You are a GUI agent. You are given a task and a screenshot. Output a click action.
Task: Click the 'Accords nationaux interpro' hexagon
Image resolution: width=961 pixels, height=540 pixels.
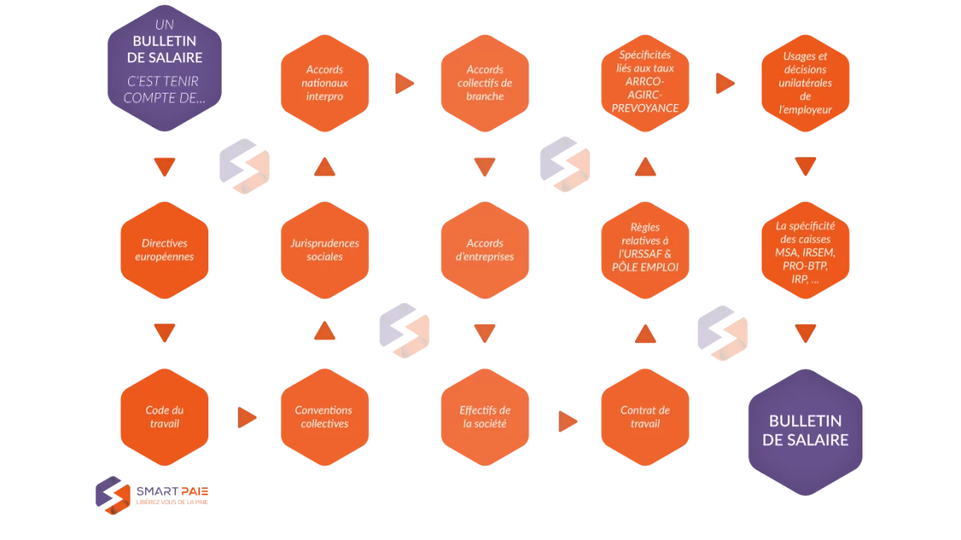325,83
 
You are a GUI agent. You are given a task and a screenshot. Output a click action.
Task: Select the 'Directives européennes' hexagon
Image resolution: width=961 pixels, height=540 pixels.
164,250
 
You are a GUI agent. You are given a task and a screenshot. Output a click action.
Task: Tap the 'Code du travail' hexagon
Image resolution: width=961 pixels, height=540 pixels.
164,417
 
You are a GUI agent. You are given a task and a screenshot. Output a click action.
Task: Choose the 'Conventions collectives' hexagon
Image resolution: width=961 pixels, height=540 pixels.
325,417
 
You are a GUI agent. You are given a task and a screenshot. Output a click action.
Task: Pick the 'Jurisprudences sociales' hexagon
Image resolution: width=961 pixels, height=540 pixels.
325,250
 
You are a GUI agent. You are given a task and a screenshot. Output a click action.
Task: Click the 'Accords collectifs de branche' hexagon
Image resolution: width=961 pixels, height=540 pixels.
485,83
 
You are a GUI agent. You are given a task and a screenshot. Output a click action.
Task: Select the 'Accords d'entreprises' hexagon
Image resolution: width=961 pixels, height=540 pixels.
485,250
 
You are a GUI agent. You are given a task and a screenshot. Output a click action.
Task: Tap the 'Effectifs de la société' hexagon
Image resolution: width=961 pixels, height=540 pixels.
485,417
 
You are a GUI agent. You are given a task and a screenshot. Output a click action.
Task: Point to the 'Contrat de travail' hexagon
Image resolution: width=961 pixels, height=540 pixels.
645,417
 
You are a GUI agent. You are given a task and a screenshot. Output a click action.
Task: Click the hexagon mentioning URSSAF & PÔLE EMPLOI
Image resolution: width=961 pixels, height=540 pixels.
645,250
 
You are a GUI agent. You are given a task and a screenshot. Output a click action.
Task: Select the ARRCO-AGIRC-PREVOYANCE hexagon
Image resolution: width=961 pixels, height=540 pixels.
645,83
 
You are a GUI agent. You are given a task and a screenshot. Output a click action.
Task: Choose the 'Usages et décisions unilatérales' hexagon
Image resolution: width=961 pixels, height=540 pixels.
806,83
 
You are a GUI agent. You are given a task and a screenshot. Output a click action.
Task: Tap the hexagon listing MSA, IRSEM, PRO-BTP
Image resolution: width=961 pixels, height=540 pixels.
806,250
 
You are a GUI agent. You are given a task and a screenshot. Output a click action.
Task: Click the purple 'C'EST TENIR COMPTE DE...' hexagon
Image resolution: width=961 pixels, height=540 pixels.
164,68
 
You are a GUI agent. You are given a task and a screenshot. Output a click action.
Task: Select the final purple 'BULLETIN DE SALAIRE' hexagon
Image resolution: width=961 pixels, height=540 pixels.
806,432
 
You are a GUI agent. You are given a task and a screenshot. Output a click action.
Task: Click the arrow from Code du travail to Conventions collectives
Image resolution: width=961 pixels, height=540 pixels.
247,418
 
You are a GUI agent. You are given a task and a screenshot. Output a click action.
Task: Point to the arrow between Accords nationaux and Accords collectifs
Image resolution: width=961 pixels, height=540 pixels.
404,83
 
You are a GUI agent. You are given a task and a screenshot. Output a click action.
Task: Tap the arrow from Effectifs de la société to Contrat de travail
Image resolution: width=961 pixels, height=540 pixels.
567,422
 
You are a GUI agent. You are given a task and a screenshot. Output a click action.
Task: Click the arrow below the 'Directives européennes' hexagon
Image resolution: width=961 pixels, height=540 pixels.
164,333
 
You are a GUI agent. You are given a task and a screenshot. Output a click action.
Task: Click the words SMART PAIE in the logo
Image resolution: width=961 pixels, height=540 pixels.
172,491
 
